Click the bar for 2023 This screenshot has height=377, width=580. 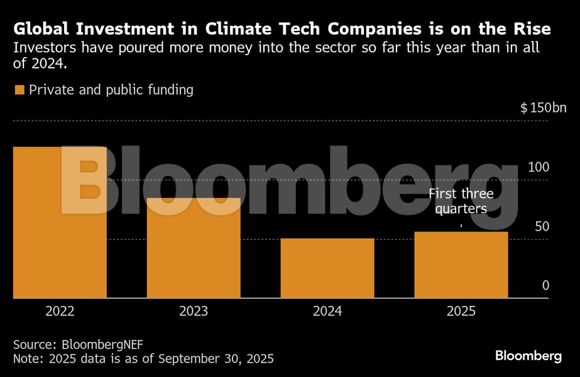[x=194, y=248]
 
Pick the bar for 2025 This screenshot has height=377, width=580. [x=461, y=265]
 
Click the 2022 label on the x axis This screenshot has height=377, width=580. [x=60, y=311]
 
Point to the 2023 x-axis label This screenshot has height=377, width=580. [x=194, y=311]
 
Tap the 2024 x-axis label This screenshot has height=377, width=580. [x=327, y=311]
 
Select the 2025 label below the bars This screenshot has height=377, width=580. [x=461, y=311]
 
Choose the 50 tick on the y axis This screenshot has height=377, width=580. [x=542, y=227]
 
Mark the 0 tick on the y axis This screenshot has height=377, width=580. [x=545, y=286]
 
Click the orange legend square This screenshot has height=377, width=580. [x=19, y=90]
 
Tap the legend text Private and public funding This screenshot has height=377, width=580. [x=111, y=90]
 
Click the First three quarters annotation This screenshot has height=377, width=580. [x=461, y=201]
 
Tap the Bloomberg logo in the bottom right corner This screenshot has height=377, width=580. [x=528, y=356]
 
